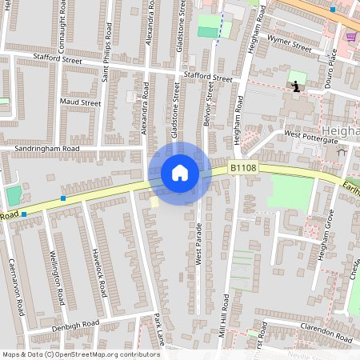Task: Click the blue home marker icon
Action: click(180, 172)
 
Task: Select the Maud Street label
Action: click(80, 103)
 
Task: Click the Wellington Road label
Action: click(57, 279)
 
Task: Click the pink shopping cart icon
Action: click(350, 36)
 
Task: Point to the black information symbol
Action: click(298, 85)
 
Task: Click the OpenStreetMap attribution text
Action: click(80, 354)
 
